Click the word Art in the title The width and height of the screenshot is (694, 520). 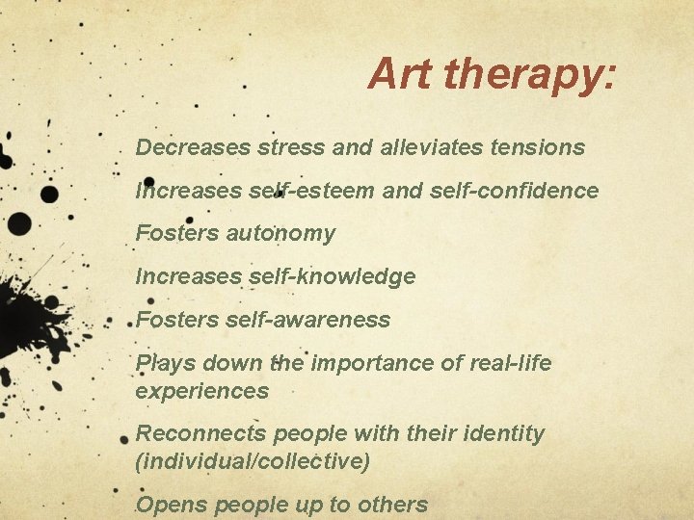tap(396, 73)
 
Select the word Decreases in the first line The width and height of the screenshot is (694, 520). tap(194, 147)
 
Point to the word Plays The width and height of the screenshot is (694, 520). tap(165, 363)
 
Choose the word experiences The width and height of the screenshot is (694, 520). tap(201, 391)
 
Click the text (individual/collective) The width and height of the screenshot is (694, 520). tap(253, 461)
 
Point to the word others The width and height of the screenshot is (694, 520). tap(393, 505)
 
